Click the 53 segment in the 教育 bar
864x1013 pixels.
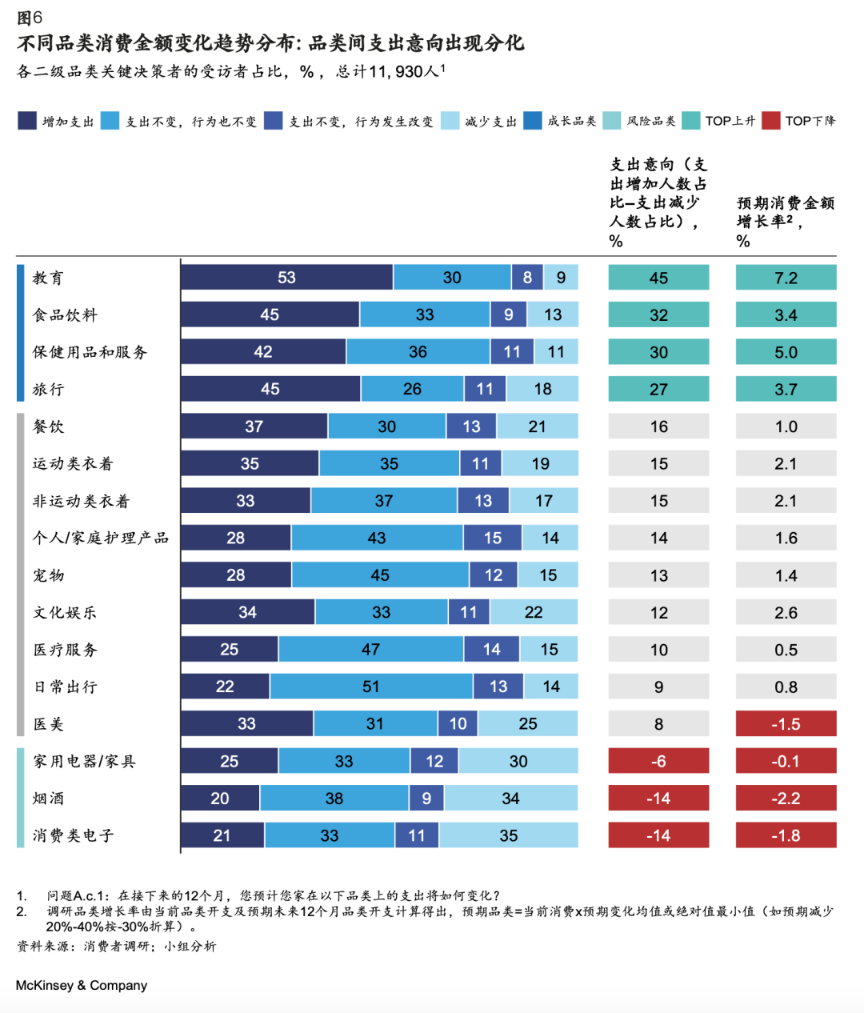click(286, 278)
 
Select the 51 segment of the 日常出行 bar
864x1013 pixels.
click(370, 687)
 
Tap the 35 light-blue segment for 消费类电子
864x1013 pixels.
click(508, 835)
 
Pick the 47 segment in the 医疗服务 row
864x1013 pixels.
click(370, 650)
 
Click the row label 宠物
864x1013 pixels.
click(48, 575)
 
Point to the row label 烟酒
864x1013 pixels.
click(48, 799)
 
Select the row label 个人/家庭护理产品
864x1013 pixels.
click(100, 538)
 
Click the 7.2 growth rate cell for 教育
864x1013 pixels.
click(786, 278)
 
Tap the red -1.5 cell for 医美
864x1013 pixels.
click(786, 724)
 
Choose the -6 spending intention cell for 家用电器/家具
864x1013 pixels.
click(658, 761)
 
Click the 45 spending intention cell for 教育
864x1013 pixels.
click(658, 278)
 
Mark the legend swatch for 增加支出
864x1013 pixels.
click(27, 121)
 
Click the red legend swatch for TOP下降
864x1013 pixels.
click(770, 121)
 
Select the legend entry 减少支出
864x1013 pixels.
click(490, 122)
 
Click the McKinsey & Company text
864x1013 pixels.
click(81, 985)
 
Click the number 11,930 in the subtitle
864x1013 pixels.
click(395, 72)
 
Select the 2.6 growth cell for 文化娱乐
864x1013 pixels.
click(786, 612)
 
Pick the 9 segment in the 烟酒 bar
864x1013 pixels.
click(426, 799)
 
